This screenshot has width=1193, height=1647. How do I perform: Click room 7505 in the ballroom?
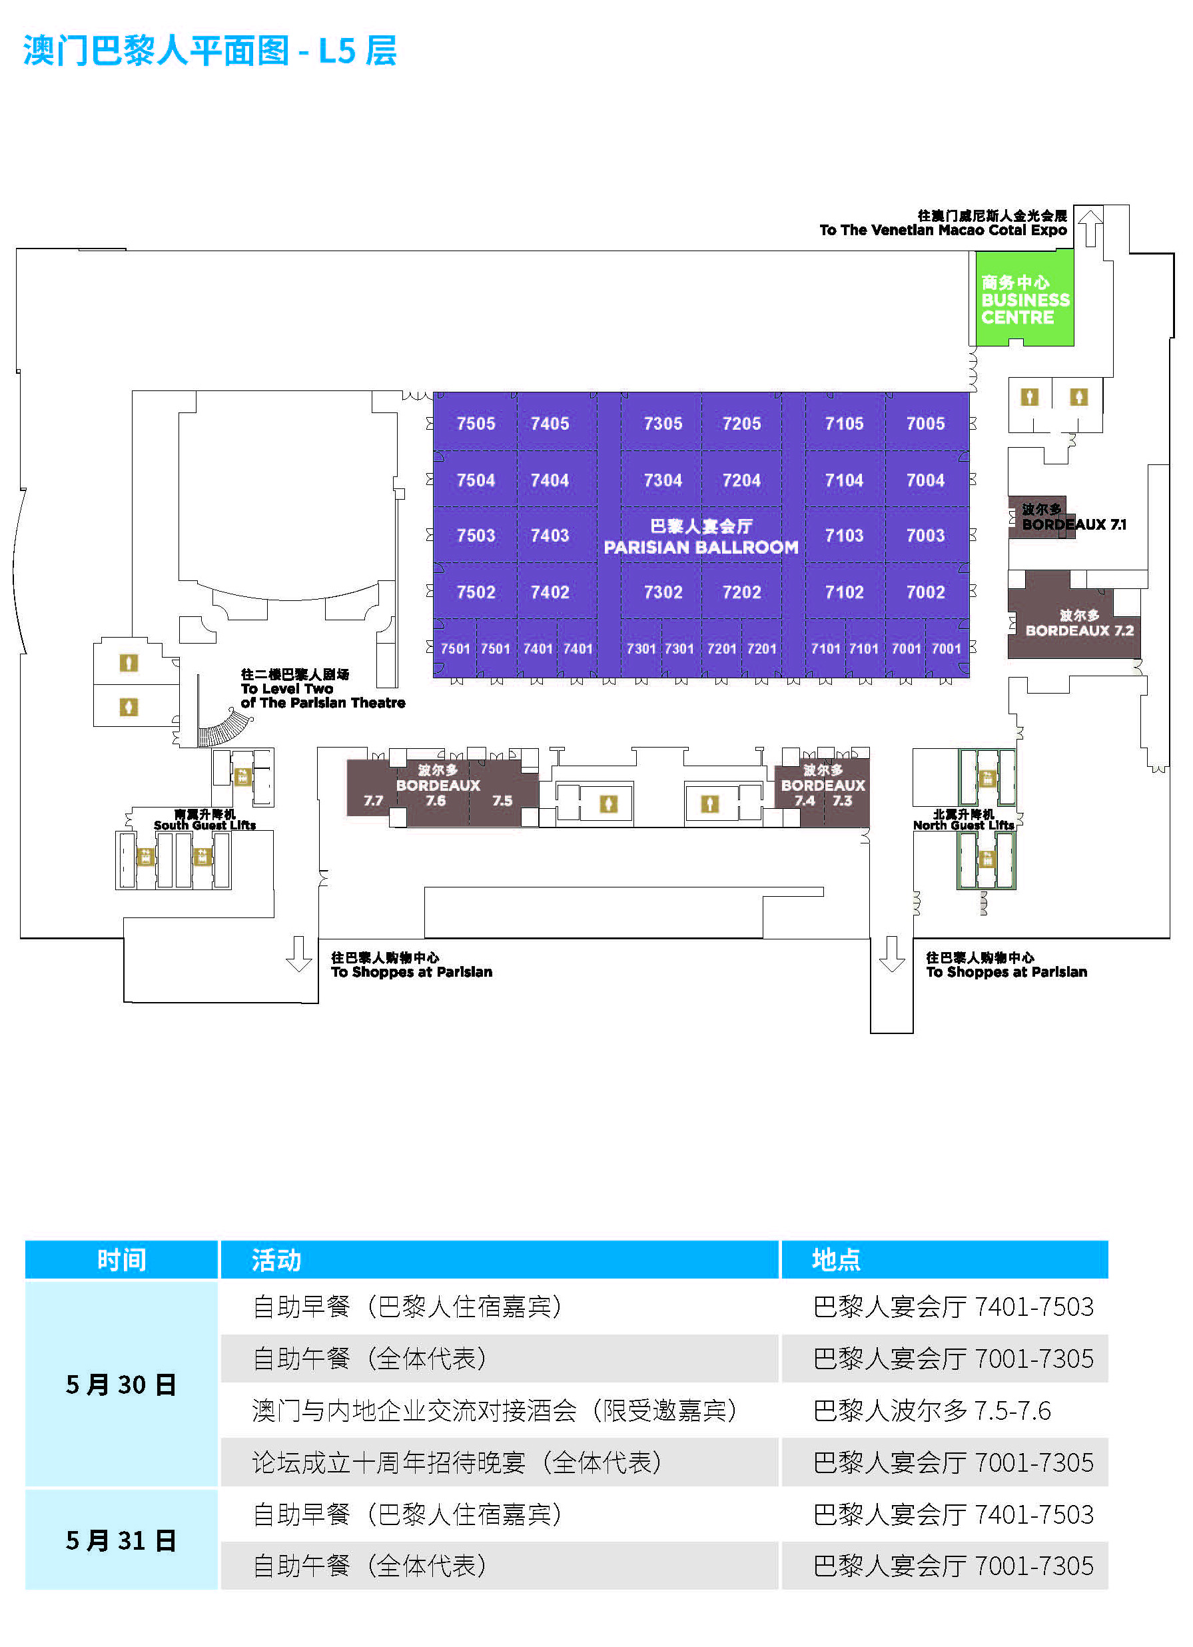click(x=476, y=423)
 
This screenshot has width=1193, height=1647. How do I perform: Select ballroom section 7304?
click(x=662, y=480)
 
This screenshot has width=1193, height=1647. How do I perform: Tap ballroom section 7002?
click(x=925, y=592)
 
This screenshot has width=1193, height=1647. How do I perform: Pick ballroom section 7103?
click(x=844, y=535)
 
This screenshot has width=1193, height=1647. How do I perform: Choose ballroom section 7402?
click(x=550, y=592)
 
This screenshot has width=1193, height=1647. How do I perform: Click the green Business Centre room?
click(x=1024, y=298)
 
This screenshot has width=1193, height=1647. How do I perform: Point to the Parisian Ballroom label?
click(x=701, y=536)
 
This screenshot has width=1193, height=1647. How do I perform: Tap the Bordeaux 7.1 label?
click(x=1073, y=517)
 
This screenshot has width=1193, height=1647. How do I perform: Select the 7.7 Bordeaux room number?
click(x=373, y=800)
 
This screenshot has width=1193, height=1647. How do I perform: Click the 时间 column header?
click(x=121, y=1260)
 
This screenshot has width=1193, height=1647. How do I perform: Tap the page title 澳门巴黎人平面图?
click(x=156, y=51)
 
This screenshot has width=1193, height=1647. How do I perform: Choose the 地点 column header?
click(x=945, y=1260)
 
